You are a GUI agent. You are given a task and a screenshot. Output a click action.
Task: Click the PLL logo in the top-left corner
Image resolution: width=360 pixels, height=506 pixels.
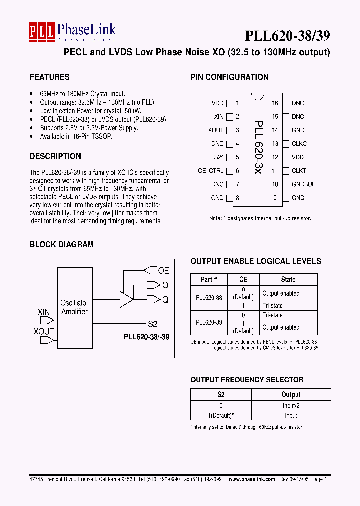tap(41, 32)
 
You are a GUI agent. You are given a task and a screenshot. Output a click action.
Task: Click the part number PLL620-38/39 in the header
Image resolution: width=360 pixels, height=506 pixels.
tap(287, 35)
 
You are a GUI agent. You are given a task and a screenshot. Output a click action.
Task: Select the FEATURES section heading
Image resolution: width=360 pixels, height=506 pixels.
tap(50, 77)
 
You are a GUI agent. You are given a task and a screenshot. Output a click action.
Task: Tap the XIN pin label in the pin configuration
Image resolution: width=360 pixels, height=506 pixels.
tap(219, 117)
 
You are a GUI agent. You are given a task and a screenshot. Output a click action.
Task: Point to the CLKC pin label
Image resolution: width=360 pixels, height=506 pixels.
tap(299, 144)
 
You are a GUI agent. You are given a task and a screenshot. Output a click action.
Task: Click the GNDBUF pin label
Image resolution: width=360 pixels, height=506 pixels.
tap(303, 184)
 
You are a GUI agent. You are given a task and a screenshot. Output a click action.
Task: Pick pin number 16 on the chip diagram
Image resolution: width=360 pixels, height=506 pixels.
tap(275, 103)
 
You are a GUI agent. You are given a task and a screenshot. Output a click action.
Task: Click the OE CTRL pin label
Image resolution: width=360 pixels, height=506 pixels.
tap(211, 171)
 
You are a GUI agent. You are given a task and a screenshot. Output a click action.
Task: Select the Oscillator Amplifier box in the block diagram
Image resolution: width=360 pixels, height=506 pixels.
tap(74, 307)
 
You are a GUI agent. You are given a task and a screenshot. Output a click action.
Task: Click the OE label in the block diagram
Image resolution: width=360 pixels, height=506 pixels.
tap(163, 271)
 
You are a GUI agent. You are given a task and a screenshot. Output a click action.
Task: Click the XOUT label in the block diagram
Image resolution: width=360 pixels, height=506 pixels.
tap(44, 331)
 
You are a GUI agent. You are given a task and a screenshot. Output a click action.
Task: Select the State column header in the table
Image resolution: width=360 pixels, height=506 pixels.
tap(288, 280)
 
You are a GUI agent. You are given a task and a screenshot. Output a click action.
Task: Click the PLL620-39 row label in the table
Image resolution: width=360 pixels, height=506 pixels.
tap(209, 323)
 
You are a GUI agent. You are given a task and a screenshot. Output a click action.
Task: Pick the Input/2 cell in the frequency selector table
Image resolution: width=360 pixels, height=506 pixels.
tap(291, 406)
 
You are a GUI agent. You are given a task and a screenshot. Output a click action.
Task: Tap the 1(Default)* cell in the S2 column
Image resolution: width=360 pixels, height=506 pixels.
tap(221, 415)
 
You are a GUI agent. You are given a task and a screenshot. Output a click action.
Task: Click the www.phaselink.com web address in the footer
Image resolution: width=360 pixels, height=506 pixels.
tap(252, 479)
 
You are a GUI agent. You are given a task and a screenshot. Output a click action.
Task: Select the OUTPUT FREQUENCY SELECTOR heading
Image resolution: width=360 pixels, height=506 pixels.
tap(247, 380)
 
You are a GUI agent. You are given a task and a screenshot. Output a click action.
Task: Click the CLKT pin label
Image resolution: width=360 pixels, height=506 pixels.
tap(299, 171)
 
